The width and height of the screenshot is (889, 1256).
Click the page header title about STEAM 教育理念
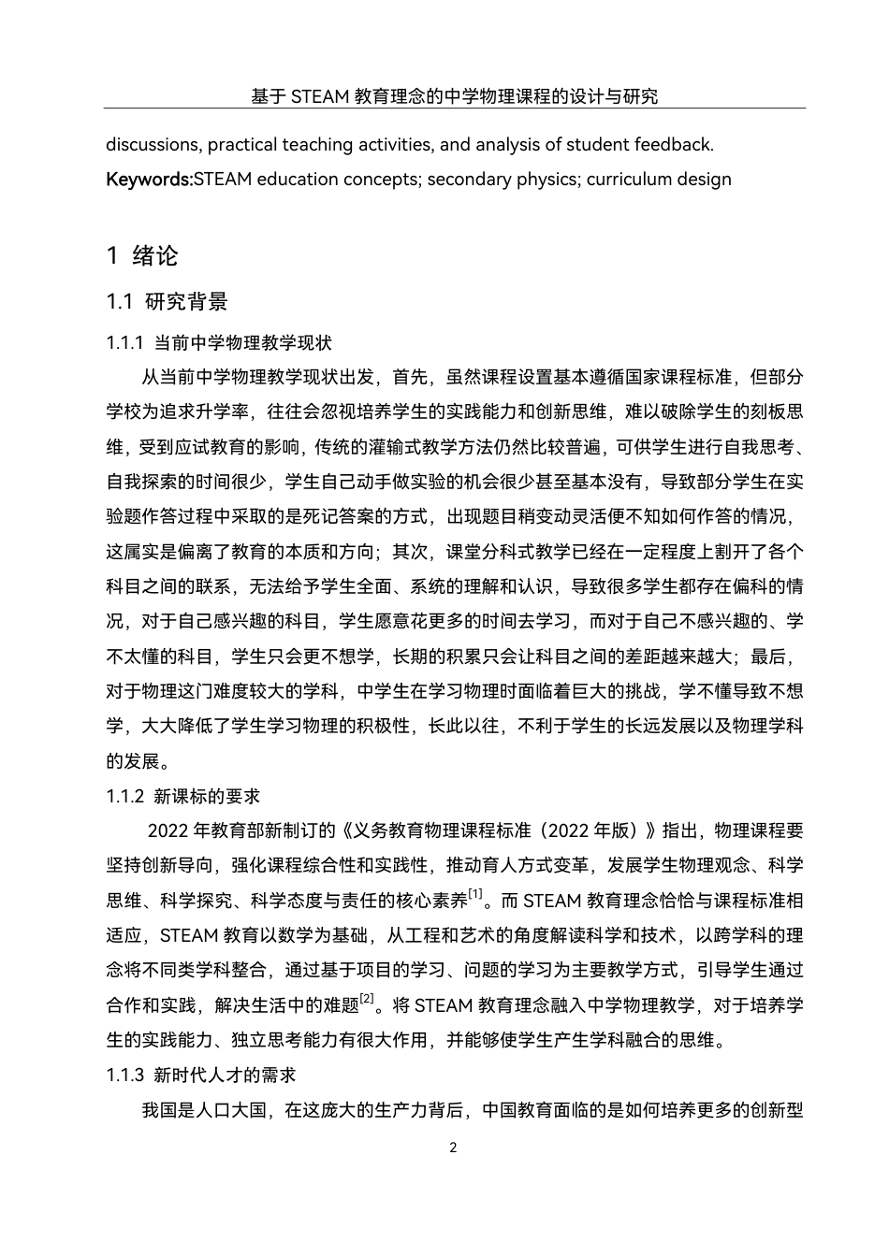pos(454,95)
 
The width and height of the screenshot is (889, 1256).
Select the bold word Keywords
pos(149,179)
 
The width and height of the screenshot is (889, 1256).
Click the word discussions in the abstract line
pos(153,145)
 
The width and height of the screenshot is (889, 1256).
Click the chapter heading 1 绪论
pos(142,255)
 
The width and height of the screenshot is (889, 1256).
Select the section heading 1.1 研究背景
pos(167,302)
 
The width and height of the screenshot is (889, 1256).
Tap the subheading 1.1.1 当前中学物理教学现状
pos(219,343)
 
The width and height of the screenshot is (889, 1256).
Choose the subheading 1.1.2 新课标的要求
pos(183,796)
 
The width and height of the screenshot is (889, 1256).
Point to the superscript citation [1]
pos(476,894)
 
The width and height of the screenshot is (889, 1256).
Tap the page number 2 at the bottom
pos(454,1148)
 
